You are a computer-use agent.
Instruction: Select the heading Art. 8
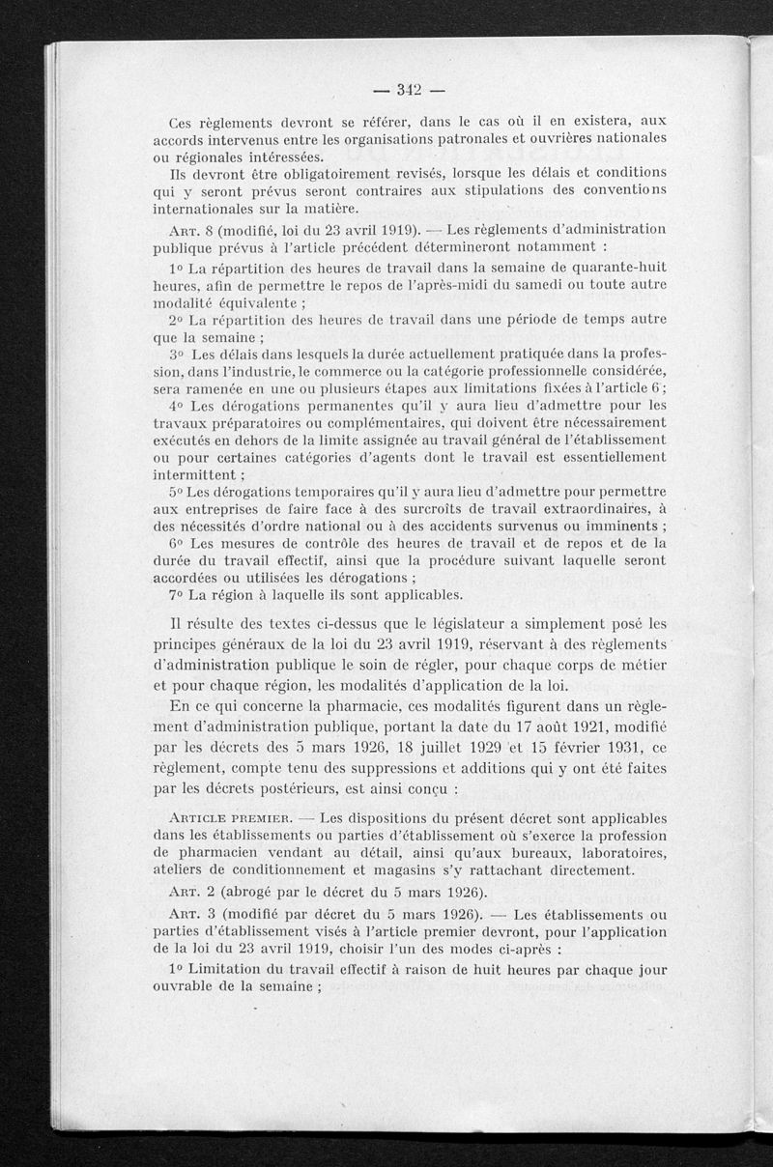190,229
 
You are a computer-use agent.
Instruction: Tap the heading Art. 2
190,891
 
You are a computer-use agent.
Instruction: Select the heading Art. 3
190,915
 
